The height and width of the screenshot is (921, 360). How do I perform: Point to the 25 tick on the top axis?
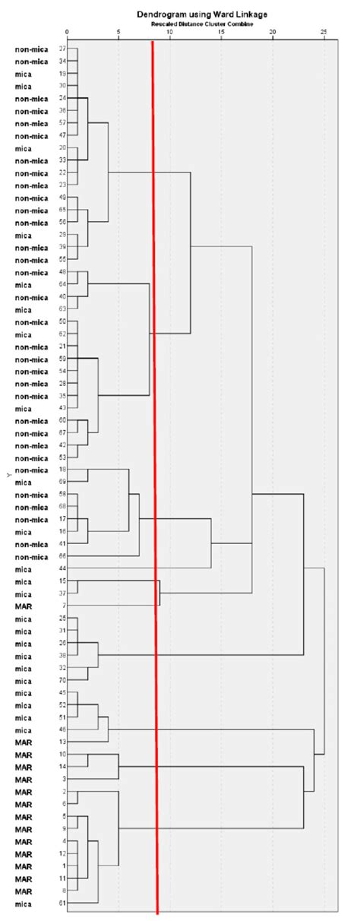[324, 32]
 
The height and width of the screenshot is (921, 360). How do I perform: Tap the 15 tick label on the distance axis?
[221, 32]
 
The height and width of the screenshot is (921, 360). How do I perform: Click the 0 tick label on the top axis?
[68, 32]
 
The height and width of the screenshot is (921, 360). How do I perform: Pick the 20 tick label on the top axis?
[273, 32]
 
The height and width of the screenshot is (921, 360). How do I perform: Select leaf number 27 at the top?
[62, 49]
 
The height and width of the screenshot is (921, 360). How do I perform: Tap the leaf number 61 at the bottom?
[62, 903]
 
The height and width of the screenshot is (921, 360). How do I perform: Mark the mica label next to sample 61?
[23, 903]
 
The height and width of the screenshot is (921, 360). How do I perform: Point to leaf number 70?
[62, 680]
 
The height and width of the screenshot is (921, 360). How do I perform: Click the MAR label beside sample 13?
[23, 742]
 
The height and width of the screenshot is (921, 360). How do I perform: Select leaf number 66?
[62, 556]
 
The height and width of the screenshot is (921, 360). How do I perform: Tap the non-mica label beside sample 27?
[32, 49]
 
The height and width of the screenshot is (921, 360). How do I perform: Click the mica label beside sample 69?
[23, 483]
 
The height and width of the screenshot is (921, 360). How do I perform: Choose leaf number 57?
[62, 123]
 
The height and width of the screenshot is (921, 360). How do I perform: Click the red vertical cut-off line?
[155, 456]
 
